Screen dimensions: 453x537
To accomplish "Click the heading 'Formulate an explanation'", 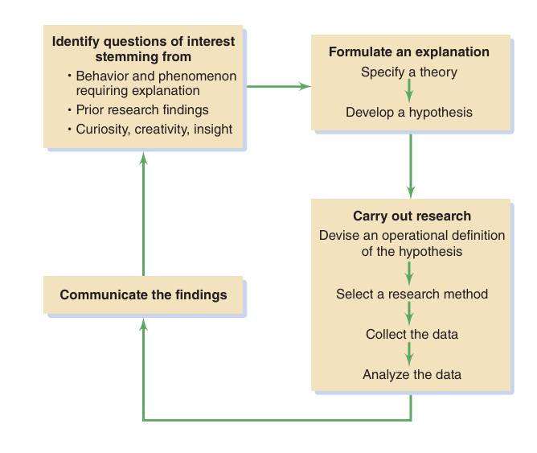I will coord(408,52).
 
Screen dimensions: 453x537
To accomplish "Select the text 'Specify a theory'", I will coord(408,72).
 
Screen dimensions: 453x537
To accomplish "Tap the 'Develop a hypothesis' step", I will coord(408,113).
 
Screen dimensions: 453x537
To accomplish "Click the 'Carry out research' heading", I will coord(412,216).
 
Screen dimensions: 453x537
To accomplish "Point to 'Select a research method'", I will coord(412,294).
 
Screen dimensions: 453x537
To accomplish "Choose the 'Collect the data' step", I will coord(412,334).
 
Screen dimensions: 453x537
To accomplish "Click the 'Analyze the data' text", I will coord(412,374).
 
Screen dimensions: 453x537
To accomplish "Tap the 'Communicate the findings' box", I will coord(143,294).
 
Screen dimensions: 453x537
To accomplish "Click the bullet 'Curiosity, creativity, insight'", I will coord(154,130).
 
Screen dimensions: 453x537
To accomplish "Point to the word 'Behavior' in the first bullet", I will coord(101,76).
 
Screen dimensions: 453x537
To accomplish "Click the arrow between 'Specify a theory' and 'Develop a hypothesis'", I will coord(410,91).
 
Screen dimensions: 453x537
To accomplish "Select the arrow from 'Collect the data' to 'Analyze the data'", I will coord(410,354).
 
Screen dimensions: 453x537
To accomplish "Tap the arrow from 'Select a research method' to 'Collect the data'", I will coord(410,314).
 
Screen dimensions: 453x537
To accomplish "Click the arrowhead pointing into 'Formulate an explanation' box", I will coord(305,85).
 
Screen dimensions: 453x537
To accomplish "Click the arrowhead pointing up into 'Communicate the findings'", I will coord(144,323).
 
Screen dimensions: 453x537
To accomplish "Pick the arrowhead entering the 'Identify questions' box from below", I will coord(144,159).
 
